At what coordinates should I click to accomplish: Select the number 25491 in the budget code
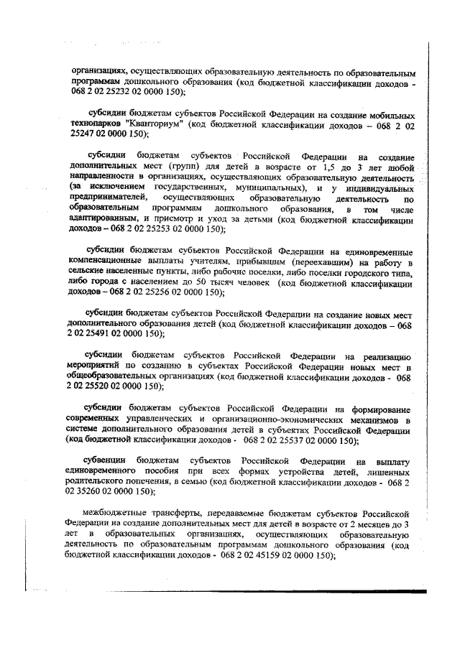(x=99, y=334)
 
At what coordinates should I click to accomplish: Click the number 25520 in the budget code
(x=99, y=386)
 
